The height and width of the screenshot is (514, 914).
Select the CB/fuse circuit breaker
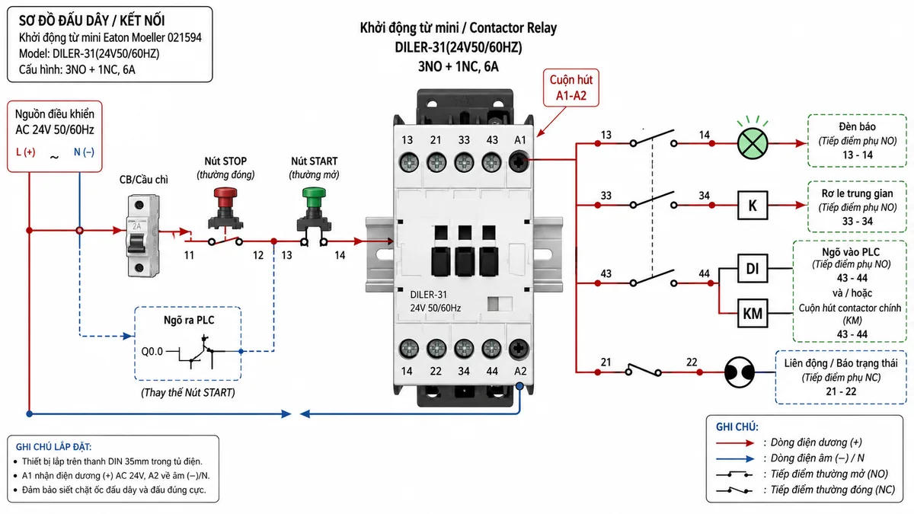(142, 236)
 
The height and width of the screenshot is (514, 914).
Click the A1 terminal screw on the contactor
(519, 162)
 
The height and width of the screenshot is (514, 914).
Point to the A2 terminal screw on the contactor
(519, 350)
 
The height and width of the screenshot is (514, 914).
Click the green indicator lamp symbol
(753, 143)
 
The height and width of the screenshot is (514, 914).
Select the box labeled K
(753, 205)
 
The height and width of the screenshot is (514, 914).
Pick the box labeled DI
(753, 268)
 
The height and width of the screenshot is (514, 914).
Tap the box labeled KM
(753, 313)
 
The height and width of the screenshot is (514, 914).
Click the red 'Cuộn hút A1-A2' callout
(570, 88)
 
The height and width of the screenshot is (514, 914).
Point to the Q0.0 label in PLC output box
(152, 351)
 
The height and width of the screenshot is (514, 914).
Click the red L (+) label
(26, 152)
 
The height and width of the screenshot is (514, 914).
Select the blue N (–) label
(84, 152)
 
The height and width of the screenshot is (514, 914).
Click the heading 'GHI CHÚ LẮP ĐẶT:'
(53, 447)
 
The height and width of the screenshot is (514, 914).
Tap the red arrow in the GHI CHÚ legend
(735, 443)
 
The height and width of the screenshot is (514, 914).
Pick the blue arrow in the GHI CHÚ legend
(735, 459)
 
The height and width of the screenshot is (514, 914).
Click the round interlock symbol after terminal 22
(739, 372)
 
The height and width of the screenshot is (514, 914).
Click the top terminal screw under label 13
(408, 162)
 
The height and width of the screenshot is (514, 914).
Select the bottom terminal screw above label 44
(491, 350)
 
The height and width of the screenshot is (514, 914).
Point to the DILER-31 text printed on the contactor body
(428, 295)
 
